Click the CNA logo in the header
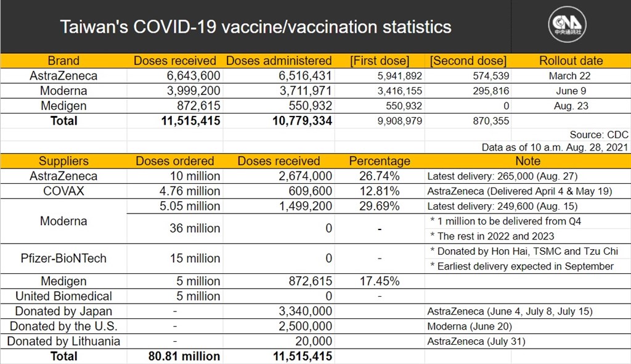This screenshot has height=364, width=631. coord(567,25)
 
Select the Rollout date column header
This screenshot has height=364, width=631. coord(571,61)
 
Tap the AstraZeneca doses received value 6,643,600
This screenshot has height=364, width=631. coord(193,76)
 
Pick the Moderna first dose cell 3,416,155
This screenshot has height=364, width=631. coord(399,91)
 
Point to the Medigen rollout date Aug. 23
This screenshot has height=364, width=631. coord(571,106)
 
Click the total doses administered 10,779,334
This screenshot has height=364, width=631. coord(302,121)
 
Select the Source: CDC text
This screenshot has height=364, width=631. coord(599,134)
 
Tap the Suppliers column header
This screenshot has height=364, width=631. coord(63,161)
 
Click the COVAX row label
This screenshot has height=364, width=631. coord(63,191)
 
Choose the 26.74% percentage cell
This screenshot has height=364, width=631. coord(380,176)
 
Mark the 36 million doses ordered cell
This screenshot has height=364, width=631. coord(195,228)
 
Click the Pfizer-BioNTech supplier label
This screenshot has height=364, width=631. coord(63,259)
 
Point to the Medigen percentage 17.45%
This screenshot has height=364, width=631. coord(380,281)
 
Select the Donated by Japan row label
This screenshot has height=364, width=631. coord(63,312)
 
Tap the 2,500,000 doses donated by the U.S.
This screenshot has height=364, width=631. coord(306,326)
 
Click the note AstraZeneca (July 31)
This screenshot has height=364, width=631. coord(476,342)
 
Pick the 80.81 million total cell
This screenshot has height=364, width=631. coord(184,357)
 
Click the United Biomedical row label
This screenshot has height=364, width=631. coord(63,296)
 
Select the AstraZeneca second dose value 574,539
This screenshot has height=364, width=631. coord(491,76)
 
